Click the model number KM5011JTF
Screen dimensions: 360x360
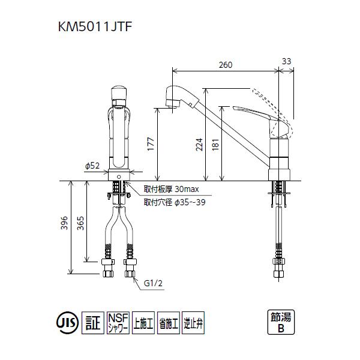95,26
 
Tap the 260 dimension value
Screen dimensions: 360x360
226,65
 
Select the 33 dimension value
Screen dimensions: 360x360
286,61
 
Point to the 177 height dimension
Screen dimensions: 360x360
151,144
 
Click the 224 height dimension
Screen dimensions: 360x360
199,145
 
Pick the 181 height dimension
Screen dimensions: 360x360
215,145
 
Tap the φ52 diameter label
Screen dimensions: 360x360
92,166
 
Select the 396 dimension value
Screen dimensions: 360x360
64,223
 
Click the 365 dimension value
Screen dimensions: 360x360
80,223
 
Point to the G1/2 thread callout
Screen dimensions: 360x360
153,283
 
